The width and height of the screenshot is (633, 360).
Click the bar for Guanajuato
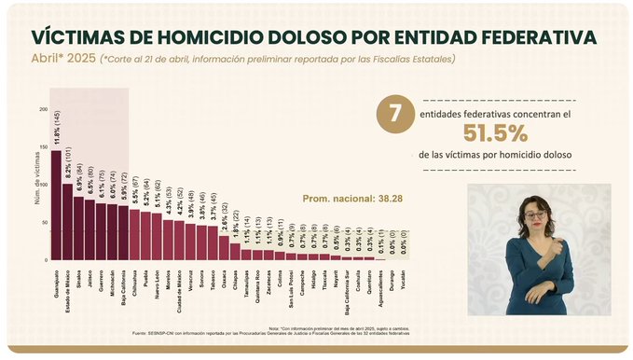(x=56, y=205)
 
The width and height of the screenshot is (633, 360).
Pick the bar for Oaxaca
(x=224, y=247)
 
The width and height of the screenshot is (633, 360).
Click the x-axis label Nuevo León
(x=157, y=278)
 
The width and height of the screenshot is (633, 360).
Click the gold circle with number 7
(x=394, y=115)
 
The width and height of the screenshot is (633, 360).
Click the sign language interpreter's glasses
(x=535, y=215)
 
